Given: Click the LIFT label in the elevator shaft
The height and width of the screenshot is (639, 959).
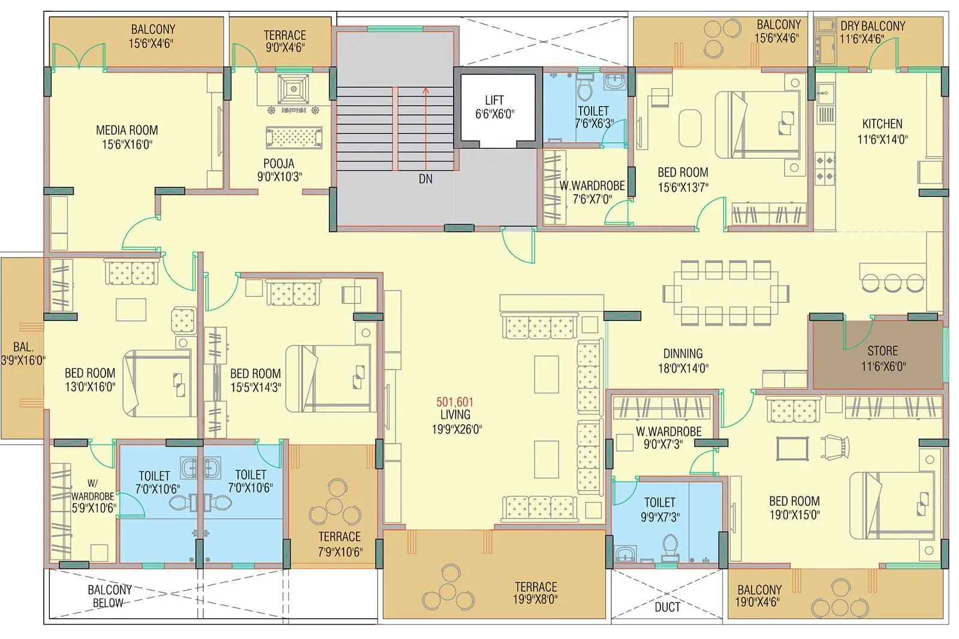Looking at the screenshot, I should pos(494,101).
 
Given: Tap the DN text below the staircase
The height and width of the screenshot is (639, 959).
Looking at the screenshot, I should pos(426,179).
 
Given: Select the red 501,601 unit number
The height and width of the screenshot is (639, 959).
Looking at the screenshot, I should pos(454,402).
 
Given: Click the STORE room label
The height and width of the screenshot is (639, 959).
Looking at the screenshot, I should pos(882,351).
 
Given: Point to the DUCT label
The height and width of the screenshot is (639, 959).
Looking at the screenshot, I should pos(667,607).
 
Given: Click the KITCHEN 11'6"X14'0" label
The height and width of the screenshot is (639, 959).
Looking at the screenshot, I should pos(882,131).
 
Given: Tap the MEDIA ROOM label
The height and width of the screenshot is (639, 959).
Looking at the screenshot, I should pos(127,131).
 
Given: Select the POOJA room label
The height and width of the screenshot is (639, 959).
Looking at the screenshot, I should pos(279,163).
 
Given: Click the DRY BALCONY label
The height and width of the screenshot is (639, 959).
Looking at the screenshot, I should pos(872,26).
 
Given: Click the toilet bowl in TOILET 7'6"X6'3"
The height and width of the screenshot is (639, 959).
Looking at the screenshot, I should pos(584,90).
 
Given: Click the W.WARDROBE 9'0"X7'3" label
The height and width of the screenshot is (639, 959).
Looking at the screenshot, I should pos(668,438).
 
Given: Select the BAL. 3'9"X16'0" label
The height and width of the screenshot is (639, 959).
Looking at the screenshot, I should pos(23,353).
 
